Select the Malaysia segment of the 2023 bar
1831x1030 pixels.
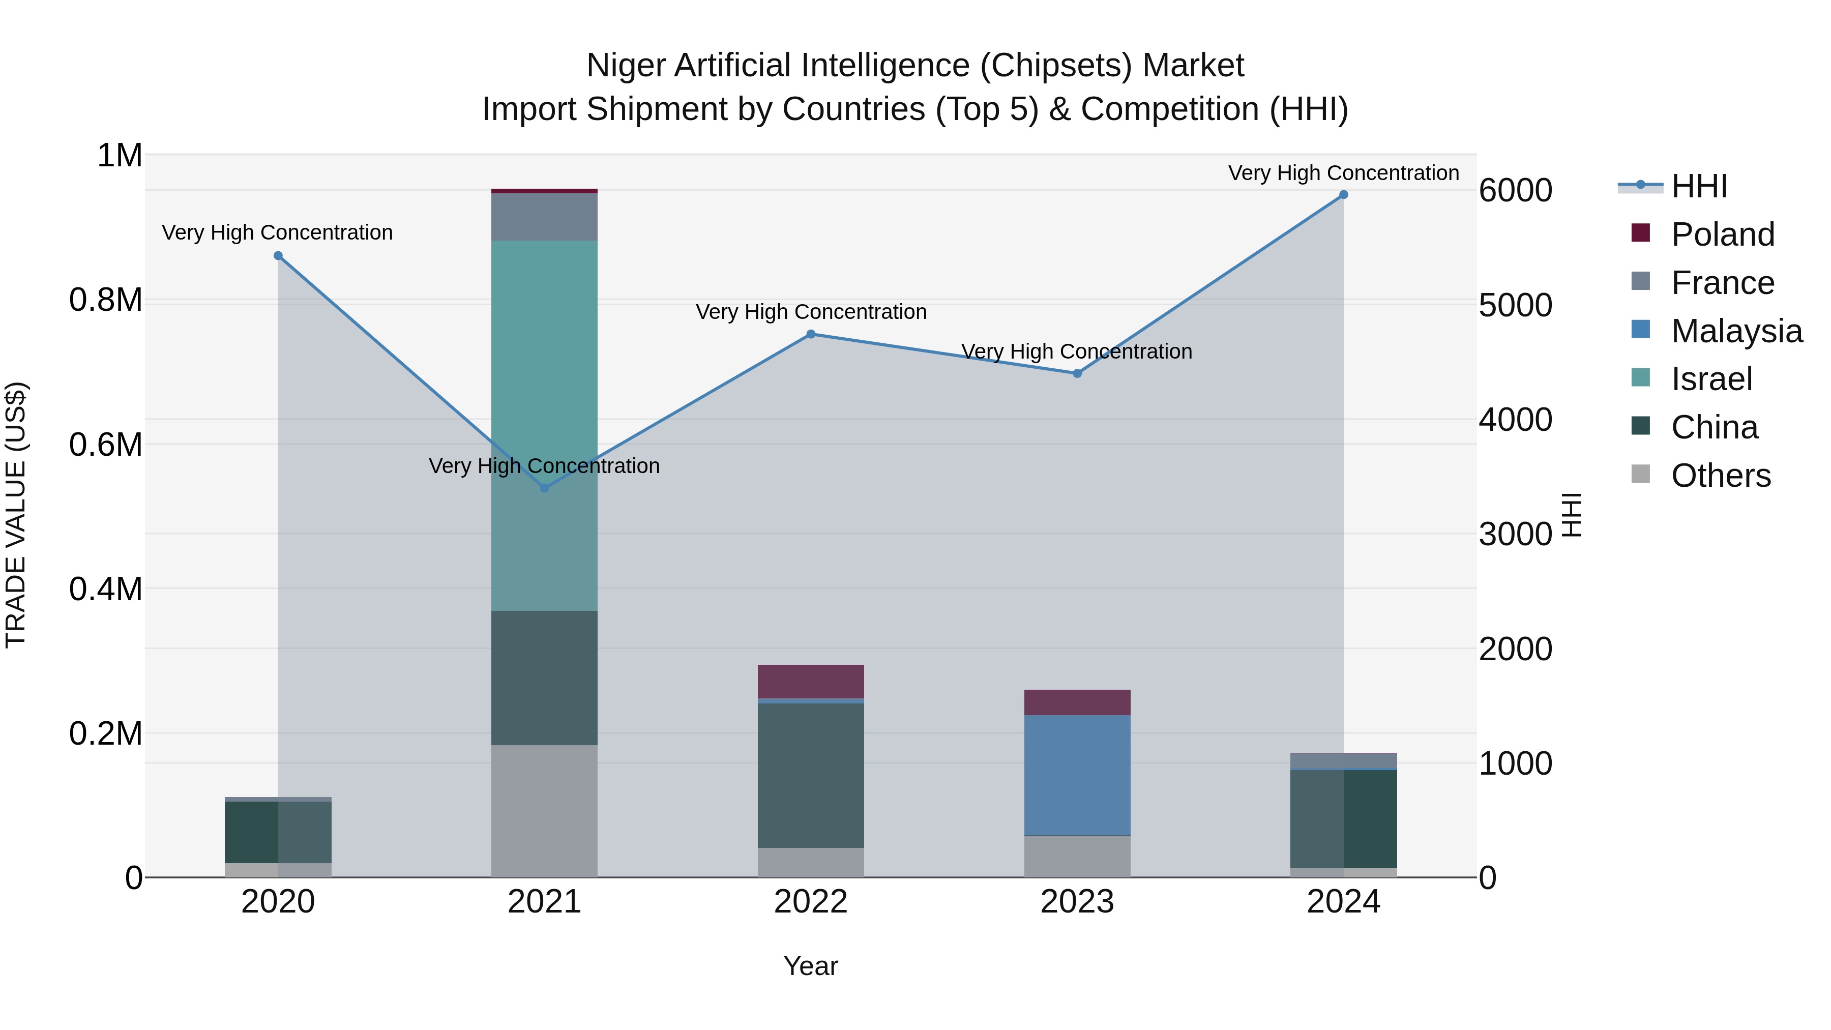click(x=1077, y=775)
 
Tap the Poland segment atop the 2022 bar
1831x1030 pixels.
click(x=810, y=681)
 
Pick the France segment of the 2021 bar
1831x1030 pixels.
click(x=544, y=217)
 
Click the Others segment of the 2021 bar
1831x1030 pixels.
click(x=544, y=810)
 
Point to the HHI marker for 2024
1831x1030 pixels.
click(x=1343, y=195)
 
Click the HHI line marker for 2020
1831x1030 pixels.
click(x=278, y=256)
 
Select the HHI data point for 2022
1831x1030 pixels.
click(x=810, y=334)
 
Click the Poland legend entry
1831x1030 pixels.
click(x=1722, y=234)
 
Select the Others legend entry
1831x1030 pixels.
click(x=1720, y=476)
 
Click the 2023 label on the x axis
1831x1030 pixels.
click(x=1077, y=902)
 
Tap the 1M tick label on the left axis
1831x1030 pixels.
click(x=120, y=156)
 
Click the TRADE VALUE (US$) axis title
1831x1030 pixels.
click(x=16, y=515)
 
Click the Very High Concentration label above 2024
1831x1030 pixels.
click(x=1343, y=173)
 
